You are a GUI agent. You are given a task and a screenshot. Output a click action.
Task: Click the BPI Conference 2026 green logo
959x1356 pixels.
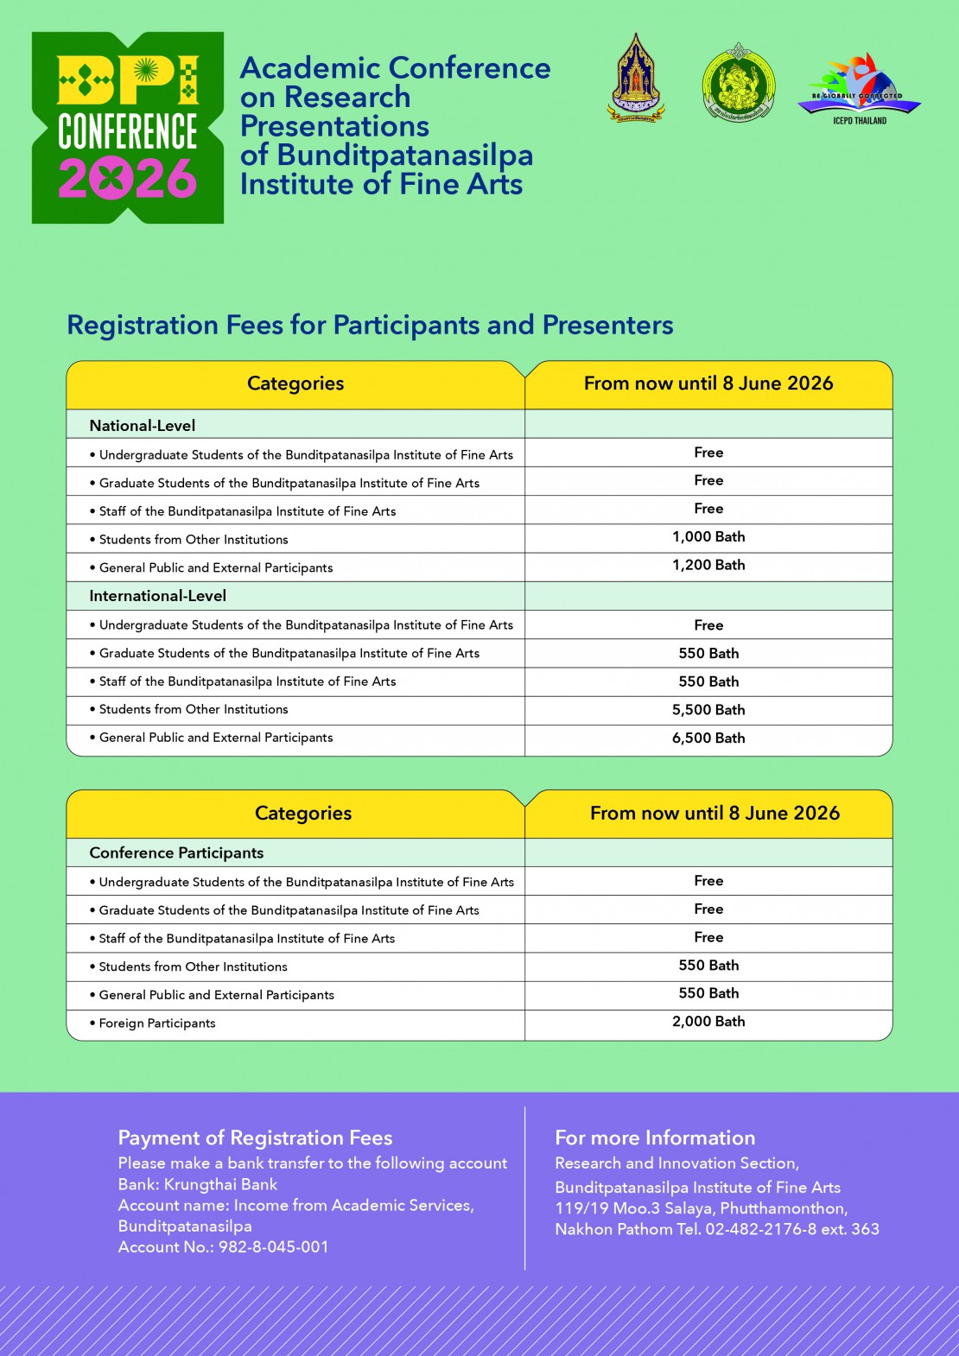pos(128,128)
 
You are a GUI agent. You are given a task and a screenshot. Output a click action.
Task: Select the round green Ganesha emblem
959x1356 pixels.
pos(738,84)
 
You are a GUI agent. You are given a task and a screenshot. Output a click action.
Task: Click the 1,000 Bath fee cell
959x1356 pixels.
pos(708,537)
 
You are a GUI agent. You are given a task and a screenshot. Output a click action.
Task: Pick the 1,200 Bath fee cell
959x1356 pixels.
pos(708,566)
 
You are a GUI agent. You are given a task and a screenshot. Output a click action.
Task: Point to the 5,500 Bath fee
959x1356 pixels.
pos(708,710)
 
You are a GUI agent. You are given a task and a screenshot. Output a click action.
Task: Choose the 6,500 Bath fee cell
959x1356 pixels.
pos(708,738)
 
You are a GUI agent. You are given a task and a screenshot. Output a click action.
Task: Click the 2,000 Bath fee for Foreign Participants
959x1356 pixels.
pos(708,1022)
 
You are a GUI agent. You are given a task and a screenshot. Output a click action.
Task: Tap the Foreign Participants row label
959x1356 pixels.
pos(157,1023)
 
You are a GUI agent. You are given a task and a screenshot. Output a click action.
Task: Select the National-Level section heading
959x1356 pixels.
pos(143,426)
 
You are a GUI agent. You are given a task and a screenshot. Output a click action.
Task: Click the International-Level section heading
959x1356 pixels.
pos(158,596)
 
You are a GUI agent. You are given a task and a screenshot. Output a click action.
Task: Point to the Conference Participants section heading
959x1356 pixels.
pos(176,853)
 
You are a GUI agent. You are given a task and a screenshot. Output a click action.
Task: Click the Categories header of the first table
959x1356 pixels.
pos(295,383)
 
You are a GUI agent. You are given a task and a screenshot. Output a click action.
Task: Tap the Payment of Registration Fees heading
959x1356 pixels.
pos(255,1137)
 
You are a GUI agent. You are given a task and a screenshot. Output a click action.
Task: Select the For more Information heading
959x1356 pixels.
pos(655,1137)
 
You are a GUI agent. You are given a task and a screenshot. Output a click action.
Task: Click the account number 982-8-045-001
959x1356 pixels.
pos(274,1247)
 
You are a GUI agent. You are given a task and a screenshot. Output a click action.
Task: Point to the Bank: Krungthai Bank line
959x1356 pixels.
pos(198,1185)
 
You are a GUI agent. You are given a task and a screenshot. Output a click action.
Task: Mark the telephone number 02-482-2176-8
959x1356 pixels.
pos(761,1229)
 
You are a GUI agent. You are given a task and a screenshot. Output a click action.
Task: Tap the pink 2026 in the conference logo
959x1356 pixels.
pos(128,179)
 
